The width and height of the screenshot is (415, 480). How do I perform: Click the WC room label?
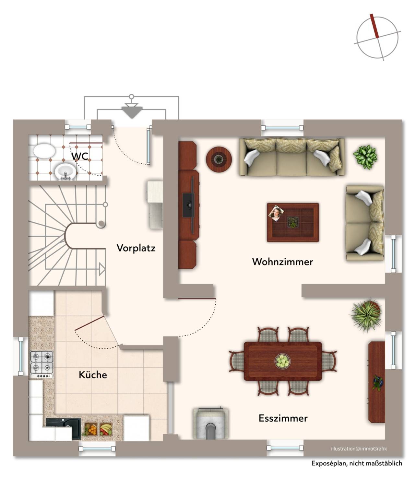(x=80, y=156)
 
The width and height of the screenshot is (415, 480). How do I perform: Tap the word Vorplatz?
(x=136, y=248)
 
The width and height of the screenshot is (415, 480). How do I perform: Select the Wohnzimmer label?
(x=282, y=262)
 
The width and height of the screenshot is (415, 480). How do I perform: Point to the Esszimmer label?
(x=283, y=418)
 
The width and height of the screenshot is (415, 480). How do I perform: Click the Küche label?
(x=93, y=375)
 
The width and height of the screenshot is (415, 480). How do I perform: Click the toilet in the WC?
(x=44, y=151)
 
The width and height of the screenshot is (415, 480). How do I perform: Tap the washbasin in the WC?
(x=65, y=172)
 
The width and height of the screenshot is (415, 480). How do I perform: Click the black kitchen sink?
(x=64, y=429)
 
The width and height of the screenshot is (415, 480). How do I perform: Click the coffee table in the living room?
(x=293, y=222)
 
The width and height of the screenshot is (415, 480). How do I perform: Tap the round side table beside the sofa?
(x=219, y=159)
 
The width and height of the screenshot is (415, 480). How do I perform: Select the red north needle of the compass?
(x=374, y=26)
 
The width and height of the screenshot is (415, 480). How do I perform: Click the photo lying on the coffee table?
(x=276, y=213)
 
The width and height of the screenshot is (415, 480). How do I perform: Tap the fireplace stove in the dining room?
(x=211, y=424)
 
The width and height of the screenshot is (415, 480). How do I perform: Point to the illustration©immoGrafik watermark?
(x=359, y=449)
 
